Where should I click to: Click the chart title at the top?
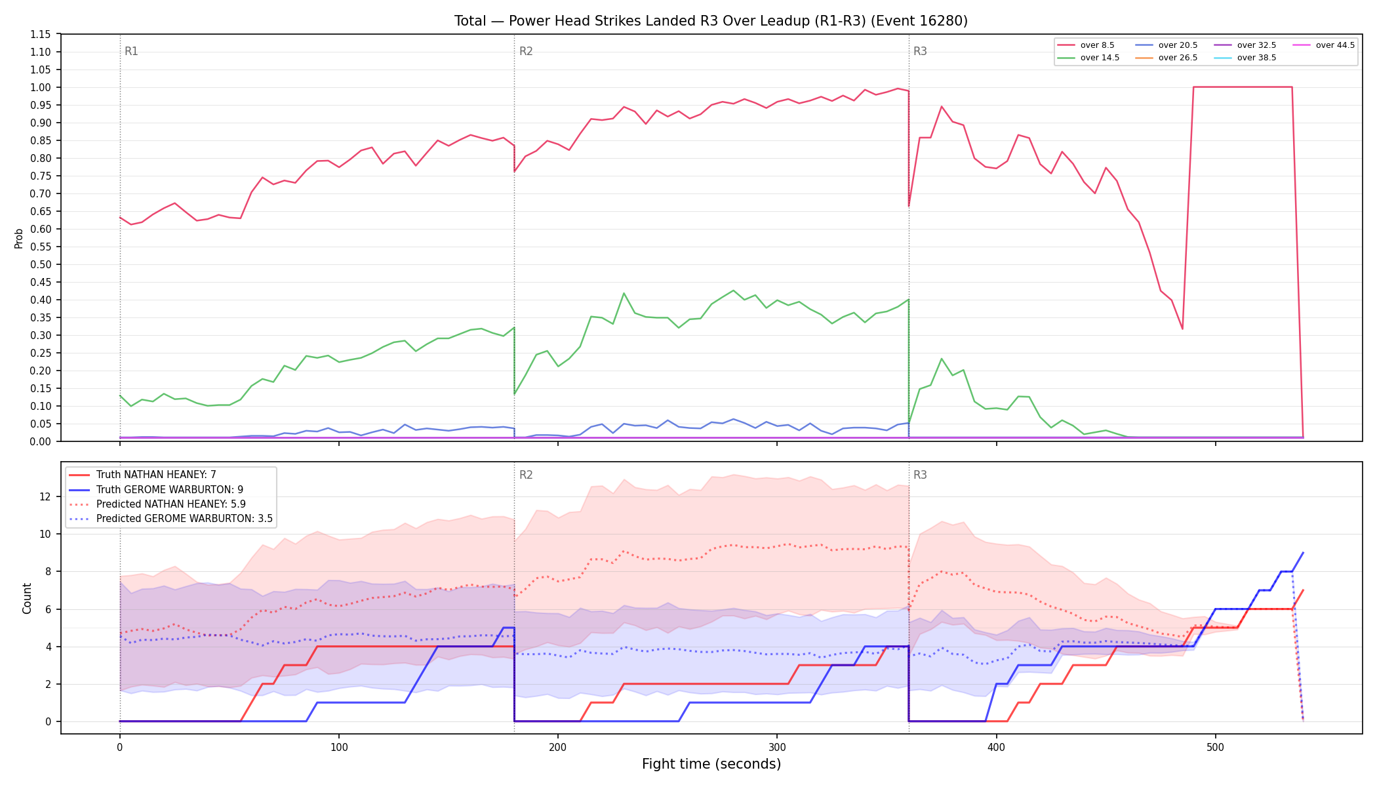pyautogui.click(x=711, y=21)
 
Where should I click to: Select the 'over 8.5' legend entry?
pyautogui.click(x=1086, y=45)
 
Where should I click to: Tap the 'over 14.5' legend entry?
pyautogui.click(x=1088, y=58)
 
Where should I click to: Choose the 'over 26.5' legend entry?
pyautogui.click(x=1167, y=58)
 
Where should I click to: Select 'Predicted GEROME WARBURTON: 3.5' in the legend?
pyautogui.click(x=170, y=519)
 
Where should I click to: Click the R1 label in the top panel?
pyautogui.click(x=131, y=51)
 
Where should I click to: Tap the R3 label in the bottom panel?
pyautogui.click(x=920, y=475)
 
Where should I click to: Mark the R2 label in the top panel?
pyautogui.click(x=526, y=51)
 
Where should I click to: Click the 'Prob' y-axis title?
pyautogui.click(x=19, y=238)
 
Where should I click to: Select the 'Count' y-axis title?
pyautogui.click(x=27, y=598)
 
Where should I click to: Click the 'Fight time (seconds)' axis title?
pyautogui.click(x=711, y=764)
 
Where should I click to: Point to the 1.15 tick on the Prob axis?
pyautogui.click(x=41, y=34)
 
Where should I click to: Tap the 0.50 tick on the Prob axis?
pyautogui.click(x=41, y=264)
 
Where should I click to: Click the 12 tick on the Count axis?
pyautogui.click(x=45, y=496)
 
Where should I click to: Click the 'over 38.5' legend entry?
pyautogui.click(x=1245, y=58)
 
